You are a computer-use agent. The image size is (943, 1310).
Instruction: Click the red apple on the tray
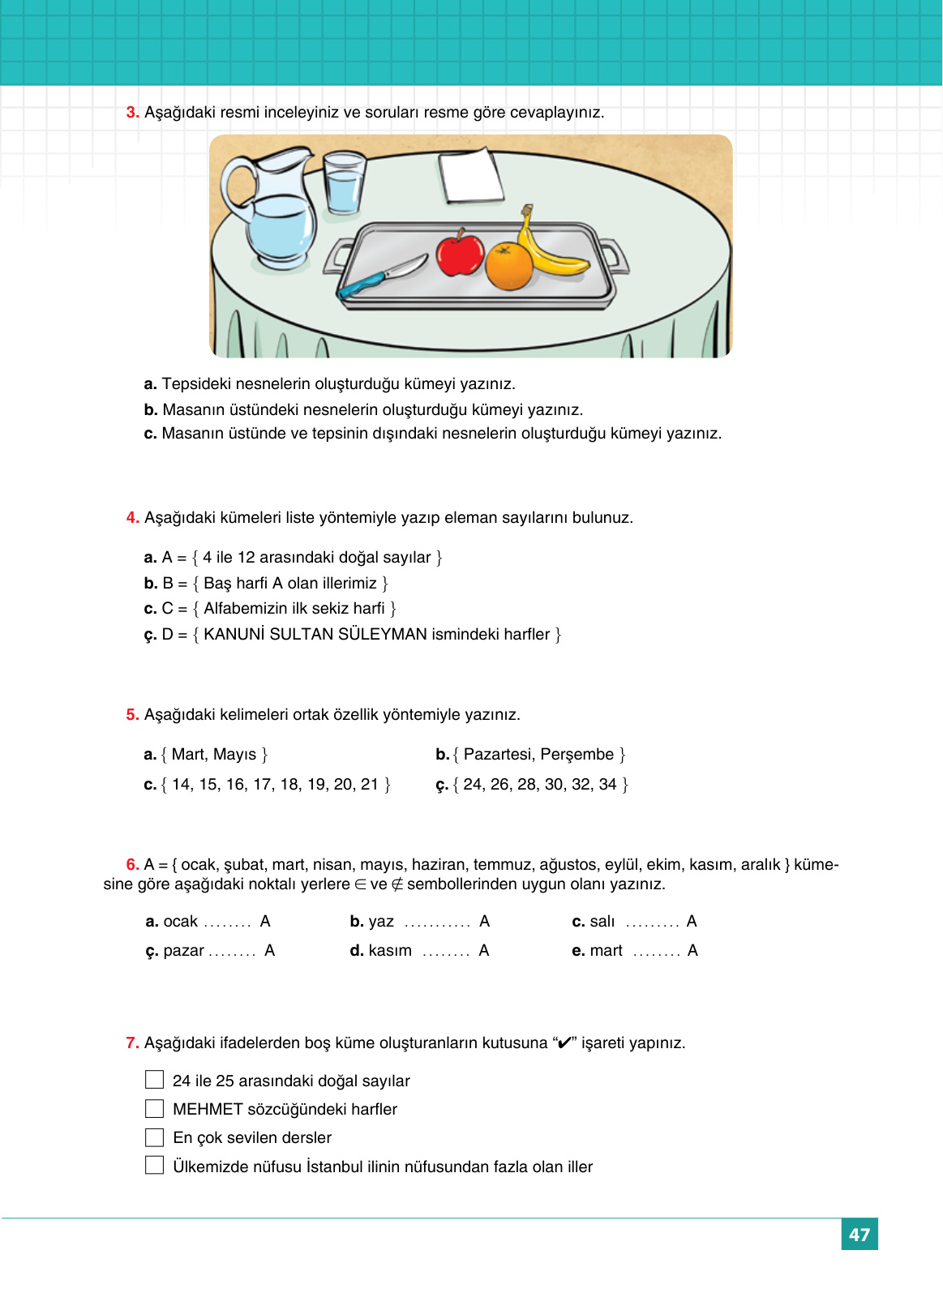click(x=460, y=254)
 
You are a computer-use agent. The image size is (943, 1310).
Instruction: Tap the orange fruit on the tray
click(x=508, y=267)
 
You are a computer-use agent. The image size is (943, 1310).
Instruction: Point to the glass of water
click(x=344, y=183)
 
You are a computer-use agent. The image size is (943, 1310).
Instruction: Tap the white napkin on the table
click(x=471, y=176)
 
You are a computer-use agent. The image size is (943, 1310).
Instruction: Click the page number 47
click(x=859, y=1235)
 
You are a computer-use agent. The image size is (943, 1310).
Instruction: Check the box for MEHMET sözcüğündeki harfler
click(x=154, y=1108)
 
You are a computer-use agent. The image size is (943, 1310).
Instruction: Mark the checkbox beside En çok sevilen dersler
click(x=154, y=1137)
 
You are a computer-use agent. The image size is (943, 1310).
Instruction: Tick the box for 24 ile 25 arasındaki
click(x=154, y=1080)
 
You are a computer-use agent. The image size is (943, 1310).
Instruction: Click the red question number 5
click(x=132, y=714)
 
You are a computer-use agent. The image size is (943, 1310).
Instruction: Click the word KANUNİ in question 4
click(x=234, y=635)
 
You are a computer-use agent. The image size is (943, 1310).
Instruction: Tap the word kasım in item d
click(x=390, y=951)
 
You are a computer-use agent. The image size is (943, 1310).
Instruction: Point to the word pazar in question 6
click(x=183, y=951)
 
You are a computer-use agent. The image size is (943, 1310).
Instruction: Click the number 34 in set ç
click(x=607, y=785)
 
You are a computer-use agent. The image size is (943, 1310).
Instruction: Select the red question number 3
click(x=132, y=113)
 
